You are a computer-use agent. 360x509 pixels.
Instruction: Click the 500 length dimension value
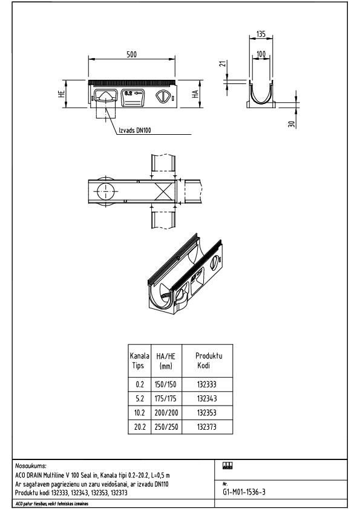point(131,54)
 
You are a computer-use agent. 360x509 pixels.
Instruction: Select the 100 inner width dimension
point(261,55)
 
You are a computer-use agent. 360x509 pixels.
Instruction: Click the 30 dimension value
point(291,123)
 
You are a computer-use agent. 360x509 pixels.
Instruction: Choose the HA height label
point(195,94)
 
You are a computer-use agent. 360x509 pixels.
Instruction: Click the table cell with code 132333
point(206,384)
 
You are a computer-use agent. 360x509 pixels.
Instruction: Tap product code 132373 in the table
point(206,427)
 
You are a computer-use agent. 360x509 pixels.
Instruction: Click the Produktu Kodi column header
point(208,361)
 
